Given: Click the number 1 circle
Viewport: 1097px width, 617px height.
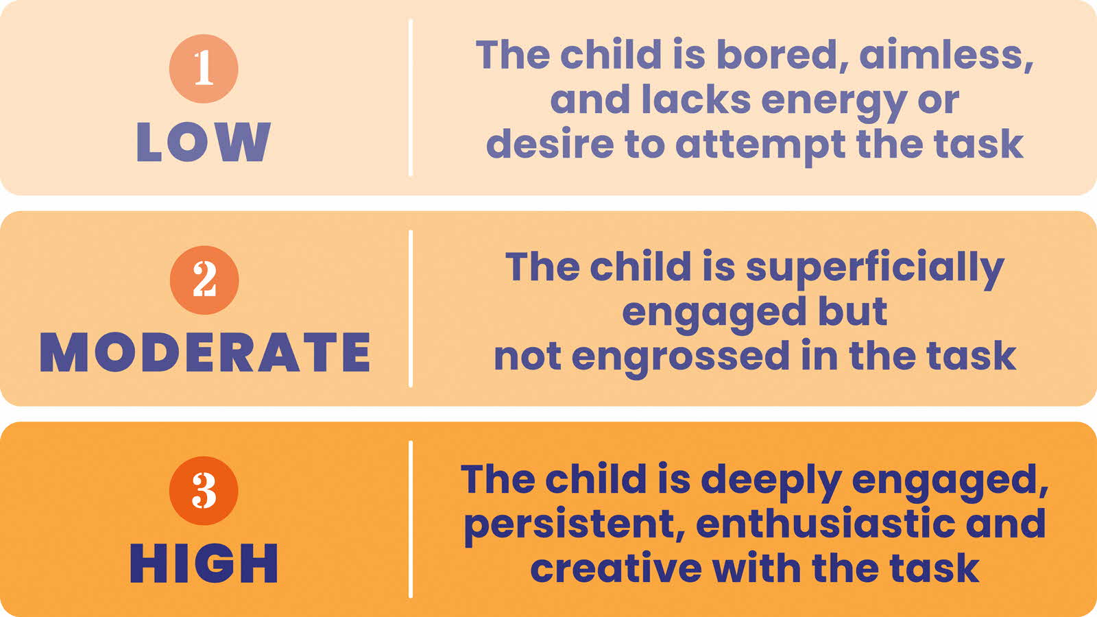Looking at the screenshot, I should (x=204, y=69).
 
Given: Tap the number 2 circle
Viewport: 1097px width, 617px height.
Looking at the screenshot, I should (x=204, y=280).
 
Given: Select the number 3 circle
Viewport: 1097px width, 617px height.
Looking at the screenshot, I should (x=204, y=491).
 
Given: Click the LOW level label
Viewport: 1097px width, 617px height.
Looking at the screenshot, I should (x=204, y=143).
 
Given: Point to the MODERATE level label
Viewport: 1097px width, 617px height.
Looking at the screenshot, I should (x=205, y=353).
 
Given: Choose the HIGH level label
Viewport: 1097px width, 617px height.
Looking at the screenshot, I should (x=204, y=564).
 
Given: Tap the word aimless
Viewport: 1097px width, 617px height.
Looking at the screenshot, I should (x=946, y=54).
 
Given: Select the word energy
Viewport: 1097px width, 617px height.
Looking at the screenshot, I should (x=834, y=101).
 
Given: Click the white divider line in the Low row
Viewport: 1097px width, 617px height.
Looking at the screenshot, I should (x=411, y=97).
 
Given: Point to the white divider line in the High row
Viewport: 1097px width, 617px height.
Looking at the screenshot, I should (x=411, y=519).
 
